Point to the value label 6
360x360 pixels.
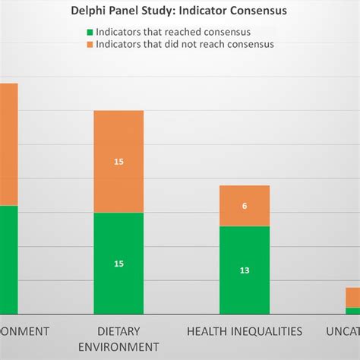click(x=245, y=206)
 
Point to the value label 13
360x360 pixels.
click(x=245, y=270)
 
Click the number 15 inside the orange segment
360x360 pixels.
click(x=118, y=162)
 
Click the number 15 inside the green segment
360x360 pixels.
click(x=118, y=264)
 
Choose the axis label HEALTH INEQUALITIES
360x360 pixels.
click(x=245, y=331)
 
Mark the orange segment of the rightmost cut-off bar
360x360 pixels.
click(x=352, y=297)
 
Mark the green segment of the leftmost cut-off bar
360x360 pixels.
click(x=8, y=258)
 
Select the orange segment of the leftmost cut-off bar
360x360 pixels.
click(x=8, y=144)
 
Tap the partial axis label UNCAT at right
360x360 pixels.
click(x=343, y=331)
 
